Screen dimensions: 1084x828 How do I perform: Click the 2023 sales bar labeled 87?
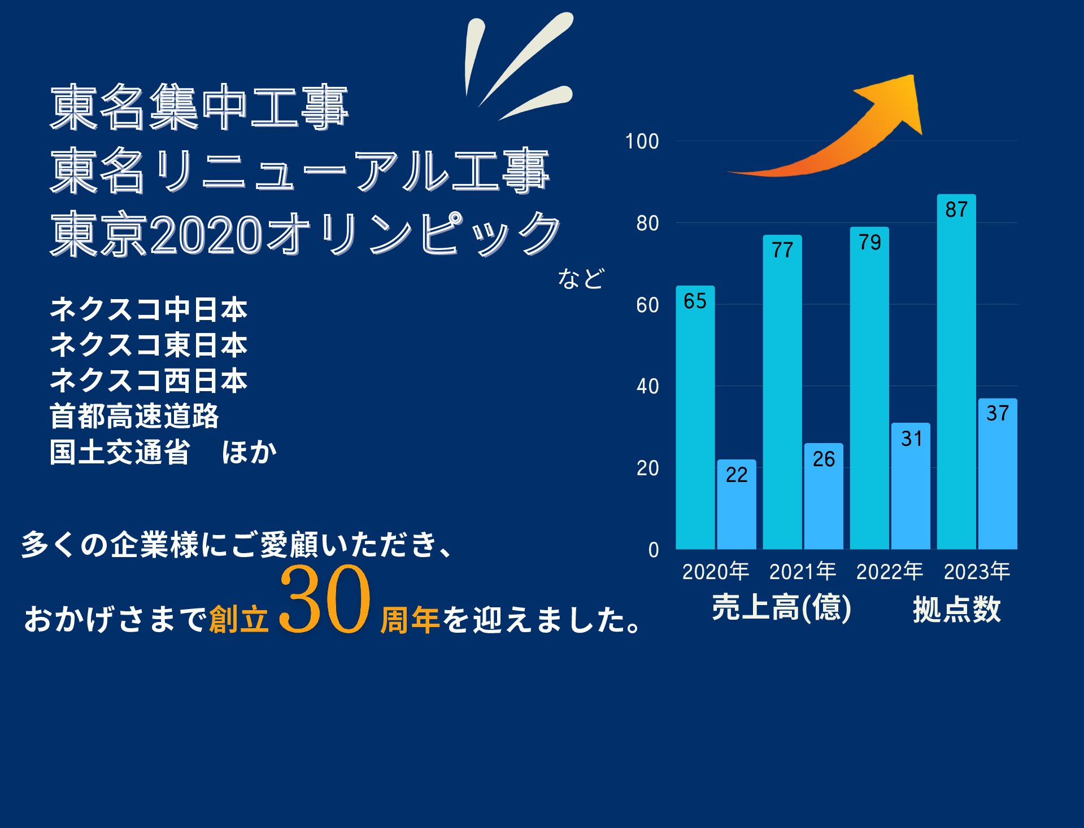click(x=956, y=371)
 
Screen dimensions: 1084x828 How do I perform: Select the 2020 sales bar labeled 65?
click(x=695, y=417)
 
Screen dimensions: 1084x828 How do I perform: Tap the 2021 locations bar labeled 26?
click(x=824, y=496)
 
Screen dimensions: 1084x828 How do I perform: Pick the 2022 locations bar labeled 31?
click(x=911, y=486)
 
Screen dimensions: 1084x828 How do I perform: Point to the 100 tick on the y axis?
click(x=642, y=141)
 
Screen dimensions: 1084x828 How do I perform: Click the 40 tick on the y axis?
click(x=647, y=387)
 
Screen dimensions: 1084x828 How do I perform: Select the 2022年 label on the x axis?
click(x=890, y=571)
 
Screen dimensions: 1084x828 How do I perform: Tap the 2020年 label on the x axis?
click(x=716, y=571)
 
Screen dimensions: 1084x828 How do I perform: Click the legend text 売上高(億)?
click(x=782, y=608)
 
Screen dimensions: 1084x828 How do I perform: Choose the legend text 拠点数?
click(x=957, y=610)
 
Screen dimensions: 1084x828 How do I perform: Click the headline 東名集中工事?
click(x=199, y=107)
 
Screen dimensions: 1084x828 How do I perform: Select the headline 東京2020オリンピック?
click(x=306, y=234)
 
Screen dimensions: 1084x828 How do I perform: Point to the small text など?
click(x=581, y=278)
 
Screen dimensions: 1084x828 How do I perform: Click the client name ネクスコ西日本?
click(x=149, y=380)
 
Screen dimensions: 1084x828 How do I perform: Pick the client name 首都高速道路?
click(x=134, y=416)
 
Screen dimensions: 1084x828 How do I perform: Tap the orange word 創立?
click(x=239, y=619)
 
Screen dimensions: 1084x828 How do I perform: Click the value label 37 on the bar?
click(x=998, y=413)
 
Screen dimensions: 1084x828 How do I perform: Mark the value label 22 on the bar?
click(x=737, y=475)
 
